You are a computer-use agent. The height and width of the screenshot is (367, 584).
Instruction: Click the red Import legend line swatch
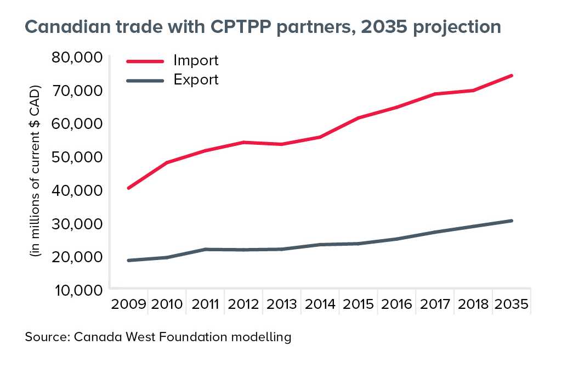pos(145,61)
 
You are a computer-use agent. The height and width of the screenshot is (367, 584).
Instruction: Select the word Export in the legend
pos(196,80)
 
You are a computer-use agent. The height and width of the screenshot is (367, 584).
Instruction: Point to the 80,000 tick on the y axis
pos(77,57)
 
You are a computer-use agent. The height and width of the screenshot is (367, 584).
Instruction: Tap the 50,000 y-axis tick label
pos(77,157)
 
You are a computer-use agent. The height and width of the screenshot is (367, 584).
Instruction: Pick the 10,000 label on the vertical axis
pos(77,290)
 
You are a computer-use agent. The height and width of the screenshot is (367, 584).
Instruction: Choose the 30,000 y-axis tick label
pos(77,224)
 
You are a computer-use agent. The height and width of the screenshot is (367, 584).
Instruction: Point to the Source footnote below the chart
pos(158,337)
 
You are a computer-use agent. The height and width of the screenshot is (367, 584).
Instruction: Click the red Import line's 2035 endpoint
pos(511,75)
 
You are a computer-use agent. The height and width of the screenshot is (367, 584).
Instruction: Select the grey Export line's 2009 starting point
pos(128,260)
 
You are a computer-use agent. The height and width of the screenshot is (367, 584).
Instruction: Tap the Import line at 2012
pos(243,142)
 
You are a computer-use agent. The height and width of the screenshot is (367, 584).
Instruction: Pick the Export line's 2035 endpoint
pos(511,221)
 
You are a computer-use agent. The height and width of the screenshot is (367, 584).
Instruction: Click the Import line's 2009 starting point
pos(128,188)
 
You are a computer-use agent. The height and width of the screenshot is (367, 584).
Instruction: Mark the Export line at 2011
pos(205,249)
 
